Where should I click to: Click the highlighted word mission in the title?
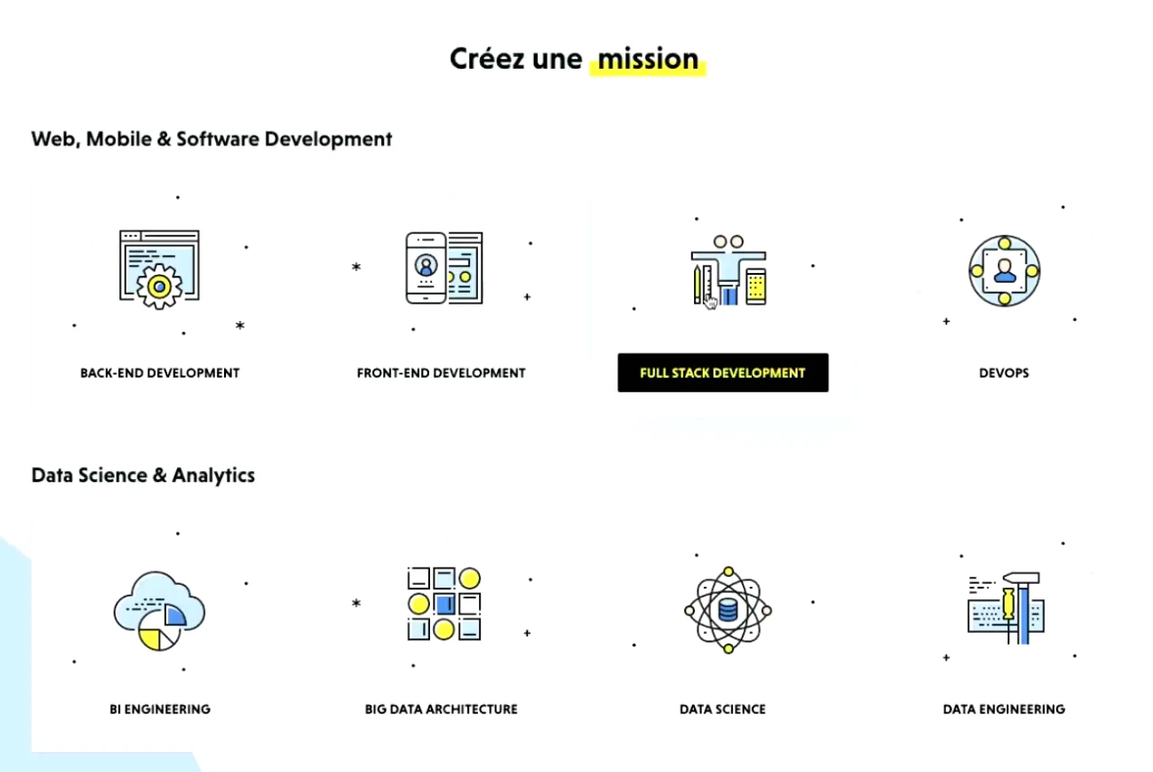coord(648,59)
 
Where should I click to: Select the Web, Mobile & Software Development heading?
coord(211,139)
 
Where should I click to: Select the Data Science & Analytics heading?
coord(143,475)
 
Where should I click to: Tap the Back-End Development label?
coord(160,372)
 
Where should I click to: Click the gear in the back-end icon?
coord(159,287)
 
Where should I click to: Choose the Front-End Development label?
coord(441,372)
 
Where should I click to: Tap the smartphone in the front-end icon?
coord(426,268)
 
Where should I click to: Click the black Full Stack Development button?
coord(723,372)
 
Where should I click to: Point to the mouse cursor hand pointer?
coord(710,303)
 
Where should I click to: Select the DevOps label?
coord(1004,372)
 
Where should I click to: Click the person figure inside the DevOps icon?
coord(1005,271)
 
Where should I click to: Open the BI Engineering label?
coord(160,709)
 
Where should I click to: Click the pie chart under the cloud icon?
coord(158,630)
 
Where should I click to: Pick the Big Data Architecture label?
coord(441,709)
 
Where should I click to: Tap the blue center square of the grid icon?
coord(445,604)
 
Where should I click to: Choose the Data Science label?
coord(723,709)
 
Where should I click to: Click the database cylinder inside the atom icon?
coord(727,610)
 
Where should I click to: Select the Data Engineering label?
coord(1004,709)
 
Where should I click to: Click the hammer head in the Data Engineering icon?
coord(1022,579)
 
